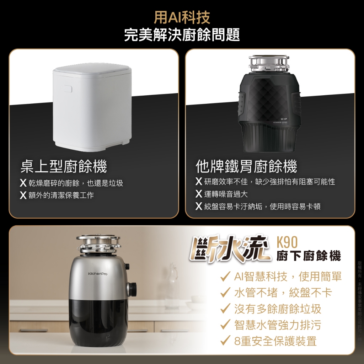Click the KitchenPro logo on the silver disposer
[x=97, y=273]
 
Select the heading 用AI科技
[x=182, y=17]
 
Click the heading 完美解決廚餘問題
[x=182, y=35]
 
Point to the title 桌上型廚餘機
[x=64, y=166]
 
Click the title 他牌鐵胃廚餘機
[x=246, y=166]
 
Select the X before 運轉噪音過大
[x=199, y=194]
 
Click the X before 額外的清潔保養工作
[x=23, y=195]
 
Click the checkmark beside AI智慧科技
[x=225, y=276]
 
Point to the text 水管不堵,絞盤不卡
[x=283, y=293]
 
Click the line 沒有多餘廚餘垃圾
[x=278, y=309]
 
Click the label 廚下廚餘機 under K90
[x=308, y=256]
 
